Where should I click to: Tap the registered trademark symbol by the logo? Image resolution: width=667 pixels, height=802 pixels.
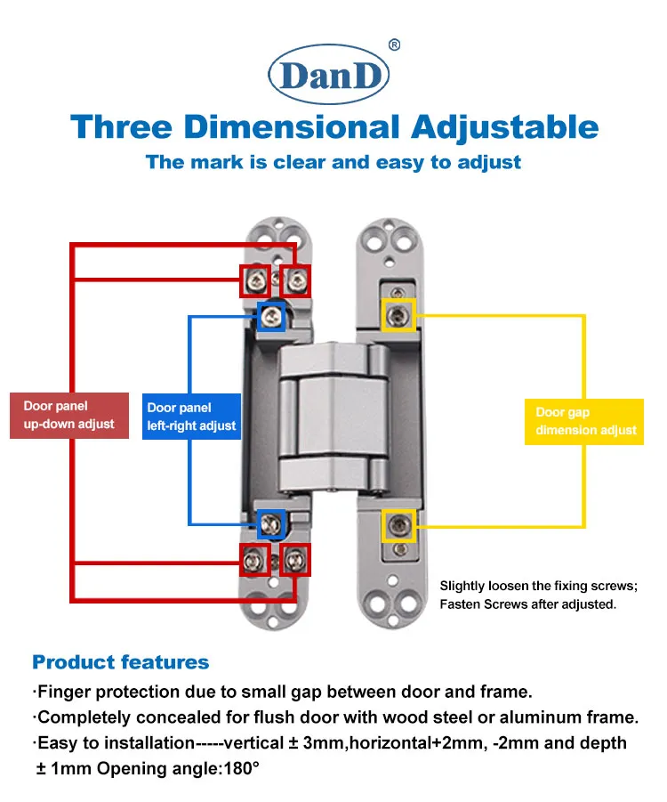coord(395,45)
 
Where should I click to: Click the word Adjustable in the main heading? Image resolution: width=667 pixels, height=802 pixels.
coord(504,128)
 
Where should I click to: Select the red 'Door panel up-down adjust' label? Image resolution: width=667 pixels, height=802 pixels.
coord(69,416)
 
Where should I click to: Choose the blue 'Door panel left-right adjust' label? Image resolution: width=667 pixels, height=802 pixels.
coord(191,417)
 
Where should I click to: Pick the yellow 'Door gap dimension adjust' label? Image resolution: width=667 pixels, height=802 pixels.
coord(584,421)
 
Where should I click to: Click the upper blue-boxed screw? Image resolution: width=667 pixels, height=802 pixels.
coord(271,317)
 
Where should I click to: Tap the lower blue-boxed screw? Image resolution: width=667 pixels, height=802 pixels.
coord(271,523)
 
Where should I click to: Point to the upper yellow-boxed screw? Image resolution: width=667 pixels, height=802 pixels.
coord(398,315)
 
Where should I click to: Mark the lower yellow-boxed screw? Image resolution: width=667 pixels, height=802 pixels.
coord(398,525)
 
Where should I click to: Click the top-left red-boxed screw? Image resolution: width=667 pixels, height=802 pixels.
coord(255,280)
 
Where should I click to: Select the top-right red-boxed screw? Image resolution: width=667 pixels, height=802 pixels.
coord(296,280)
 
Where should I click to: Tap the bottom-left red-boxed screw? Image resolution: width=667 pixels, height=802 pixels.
coord(254,560)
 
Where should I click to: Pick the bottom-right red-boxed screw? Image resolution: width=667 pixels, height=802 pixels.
coord(296,560)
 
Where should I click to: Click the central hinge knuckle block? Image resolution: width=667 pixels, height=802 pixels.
coord(333,417)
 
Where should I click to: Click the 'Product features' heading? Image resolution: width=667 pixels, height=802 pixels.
coord(121,662)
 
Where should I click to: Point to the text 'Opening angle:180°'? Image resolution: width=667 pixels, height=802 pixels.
coord(178,768)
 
